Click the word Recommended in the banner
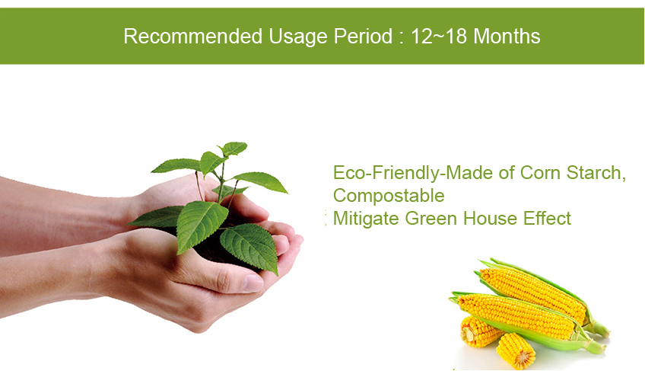[x=193, y=36]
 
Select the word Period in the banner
[x=363, y=36]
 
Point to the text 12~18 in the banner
[x=439, y=36]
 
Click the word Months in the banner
[x=507, y=36]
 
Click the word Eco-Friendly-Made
[x=413, y=173]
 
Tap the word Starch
[x=596, y=173]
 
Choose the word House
[x=490, y=218]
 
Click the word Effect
[x=547, y=218]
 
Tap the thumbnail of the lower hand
[x=253, y=283]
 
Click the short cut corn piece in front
[x=516, y=350]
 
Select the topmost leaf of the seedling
[x=234, y=148]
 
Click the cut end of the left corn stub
[x=469, y=333]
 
